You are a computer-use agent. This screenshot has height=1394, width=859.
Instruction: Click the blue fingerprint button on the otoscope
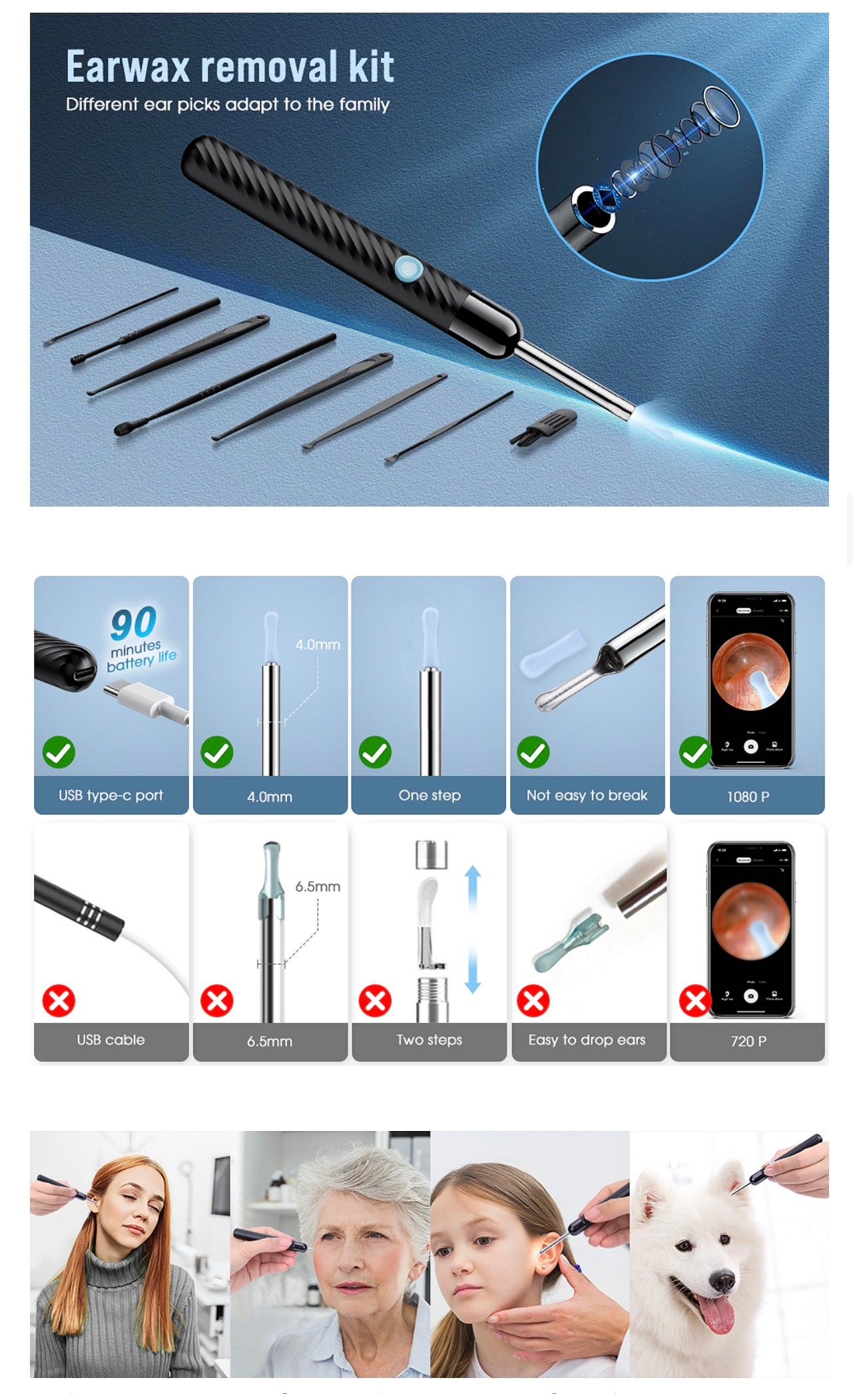coord(409,268)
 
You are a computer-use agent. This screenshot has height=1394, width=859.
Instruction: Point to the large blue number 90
coord(134,623)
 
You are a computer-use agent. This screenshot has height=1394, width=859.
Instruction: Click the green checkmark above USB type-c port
coord(59,752)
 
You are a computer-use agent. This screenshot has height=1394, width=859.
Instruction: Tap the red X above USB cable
coord(59,1001)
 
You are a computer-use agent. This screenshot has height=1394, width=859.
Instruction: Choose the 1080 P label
coord(748,796)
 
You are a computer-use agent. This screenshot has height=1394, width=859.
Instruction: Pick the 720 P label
coord(748,1041)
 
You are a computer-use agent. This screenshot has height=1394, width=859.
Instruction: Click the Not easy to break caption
coord(587,796)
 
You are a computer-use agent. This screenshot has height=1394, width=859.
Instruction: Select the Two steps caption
coord(429,1040)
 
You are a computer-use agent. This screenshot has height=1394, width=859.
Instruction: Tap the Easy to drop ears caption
coord(587,1040)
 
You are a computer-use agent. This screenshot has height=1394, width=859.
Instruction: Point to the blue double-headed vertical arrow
coord(473,929)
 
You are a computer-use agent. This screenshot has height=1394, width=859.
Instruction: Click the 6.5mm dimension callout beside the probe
coord(318,887)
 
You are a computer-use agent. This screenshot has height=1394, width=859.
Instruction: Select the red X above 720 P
coord(695,1001)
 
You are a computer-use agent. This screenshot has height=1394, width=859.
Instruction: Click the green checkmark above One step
coord(375,752)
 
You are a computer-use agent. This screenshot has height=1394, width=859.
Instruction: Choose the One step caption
coord(429,796)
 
